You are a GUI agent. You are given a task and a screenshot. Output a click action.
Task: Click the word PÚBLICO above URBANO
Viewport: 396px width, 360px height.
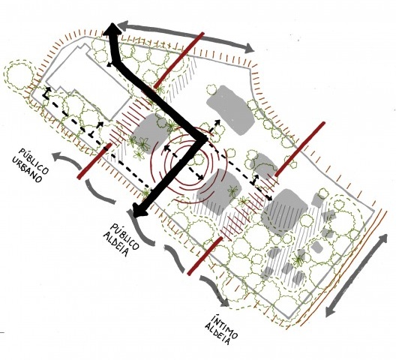(34, 159)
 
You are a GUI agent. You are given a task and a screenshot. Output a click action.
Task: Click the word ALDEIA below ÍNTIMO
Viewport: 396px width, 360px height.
(217, 334)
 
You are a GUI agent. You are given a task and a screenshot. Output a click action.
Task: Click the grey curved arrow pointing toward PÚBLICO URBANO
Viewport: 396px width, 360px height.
(67, 159)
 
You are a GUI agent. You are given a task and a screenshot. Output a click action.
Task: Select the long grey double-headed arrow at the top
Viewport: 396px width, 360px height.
(186, 37)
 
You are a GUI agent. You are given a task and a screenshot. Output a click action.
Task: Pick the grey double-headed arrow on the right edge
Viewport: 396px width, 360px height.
(356, 275)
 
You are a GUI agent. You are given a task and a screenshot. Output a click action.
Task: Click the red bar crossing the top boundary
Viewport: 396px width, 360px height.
(178, 60)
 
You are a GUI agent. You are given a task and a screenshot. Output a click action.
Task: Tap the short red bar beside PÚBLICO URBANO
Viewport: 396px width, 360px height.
(94, 161)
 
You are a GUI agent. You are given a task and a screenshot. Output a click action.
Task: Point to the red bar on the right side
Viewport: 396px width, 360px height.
(300, 149)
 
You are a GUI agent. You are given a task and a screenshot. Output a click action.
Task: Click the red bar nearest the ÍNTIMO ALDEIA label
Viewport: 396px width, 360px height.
(205, 256)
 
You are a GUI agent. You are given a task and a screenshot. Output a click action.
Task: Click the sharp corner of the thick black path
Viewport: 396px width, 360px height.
(205, 139)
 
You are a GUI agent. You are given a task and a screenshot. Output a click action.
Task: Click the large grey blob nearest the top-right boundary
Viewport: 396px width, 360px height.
(229, 109)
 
